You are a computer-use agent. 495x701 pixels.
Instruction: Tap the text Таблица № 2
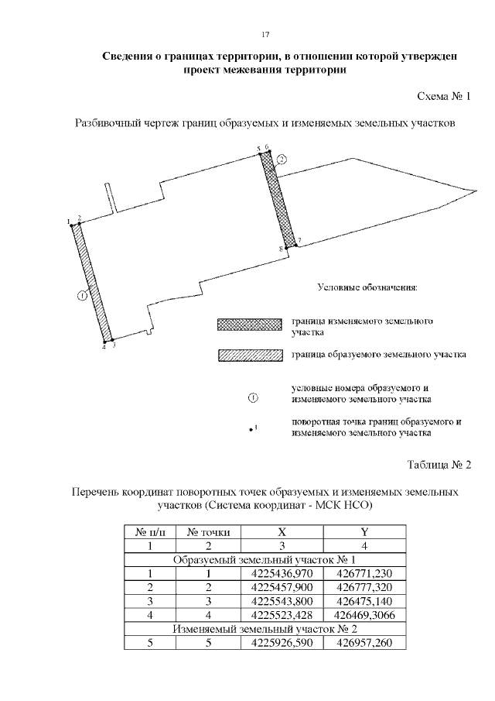(x=439, y=465)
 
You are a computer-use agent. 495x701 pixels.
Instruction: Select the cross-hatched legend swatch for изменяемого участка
(x=248, y=325)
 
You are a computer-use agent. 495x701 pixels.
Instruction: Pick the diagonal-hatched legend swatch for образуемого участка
(x=248, y=355)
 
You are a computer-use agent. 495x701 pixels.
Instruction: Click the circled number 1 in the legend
(x=252, y=398)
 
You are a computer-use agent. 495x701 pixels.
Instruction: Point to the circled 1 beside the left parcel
(x=83, y=294)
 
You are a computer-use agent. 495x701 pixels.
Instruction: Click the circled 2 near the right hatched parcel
(x=282, y=160)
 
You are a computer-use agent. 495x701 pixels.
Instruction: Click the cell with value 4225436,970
(x=282, y=573)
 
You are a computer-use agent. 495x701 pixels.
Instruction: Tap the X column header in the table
(x=282, y=532)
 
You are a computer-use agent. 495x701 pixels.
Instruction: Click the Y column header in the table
(x=364, y=532)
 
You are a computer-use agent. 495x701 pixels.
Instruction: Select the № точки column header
(x=208, y=532)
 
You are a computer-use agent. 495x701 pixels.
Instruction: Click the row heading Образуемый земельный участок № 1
(x=265, y=559)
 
